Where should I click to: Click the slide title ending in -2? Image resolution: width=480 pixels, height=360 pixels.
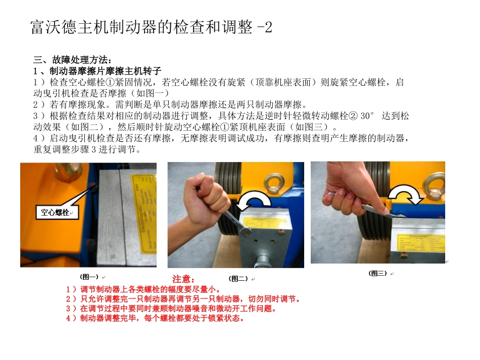coord(152,27)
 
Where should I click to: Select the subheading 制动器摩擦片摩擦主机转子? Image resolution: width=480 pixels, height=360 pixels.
coord(97,71)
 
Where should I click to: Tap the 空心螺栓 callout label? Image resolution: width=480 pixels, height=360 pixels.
coord(56,213)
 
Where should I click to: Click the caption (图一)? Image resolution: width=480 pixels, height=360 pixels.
coord(89,277)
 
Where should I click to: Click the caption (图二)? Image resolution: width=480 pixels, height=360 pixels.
coord(238,278)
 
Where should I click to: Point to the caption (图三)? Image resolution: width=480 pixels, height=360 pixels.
coord(378,273)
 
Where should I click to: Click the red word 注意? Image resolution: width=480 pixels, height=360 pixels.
coord(183,279)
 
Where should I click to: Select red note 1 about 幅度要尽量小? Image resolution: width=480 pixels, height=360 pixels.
coord(143,290)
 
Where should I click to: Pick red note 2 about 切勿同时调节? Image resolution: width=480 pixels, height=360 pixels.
coord(184,299)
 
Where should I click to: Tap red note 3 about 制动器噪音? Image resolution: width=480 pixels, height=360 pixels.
coord(172,308)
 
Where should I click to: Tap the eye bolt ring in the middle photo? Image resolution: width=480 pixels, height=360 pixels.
coord(276,184)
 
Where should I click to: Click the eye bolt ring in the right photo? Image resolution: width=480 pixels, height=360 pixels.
coord(434,183)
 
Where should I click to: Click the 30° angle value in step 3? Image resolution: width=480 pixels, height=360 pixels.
coord(369,116)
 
